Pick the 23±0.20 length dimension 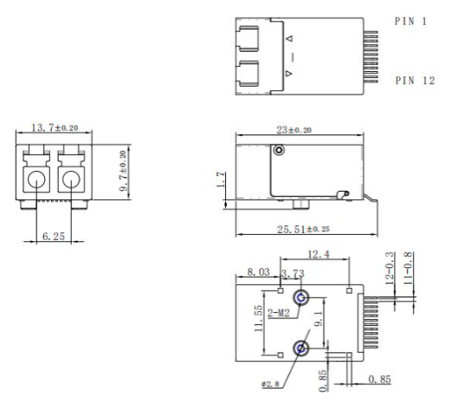tap(295, 129)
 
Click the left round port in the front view tap(36, 183)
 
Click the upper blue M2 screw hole tap(300, 298)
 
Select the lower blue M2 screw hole tap(300, 349)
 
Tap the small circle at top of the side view tap(279, 151)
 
